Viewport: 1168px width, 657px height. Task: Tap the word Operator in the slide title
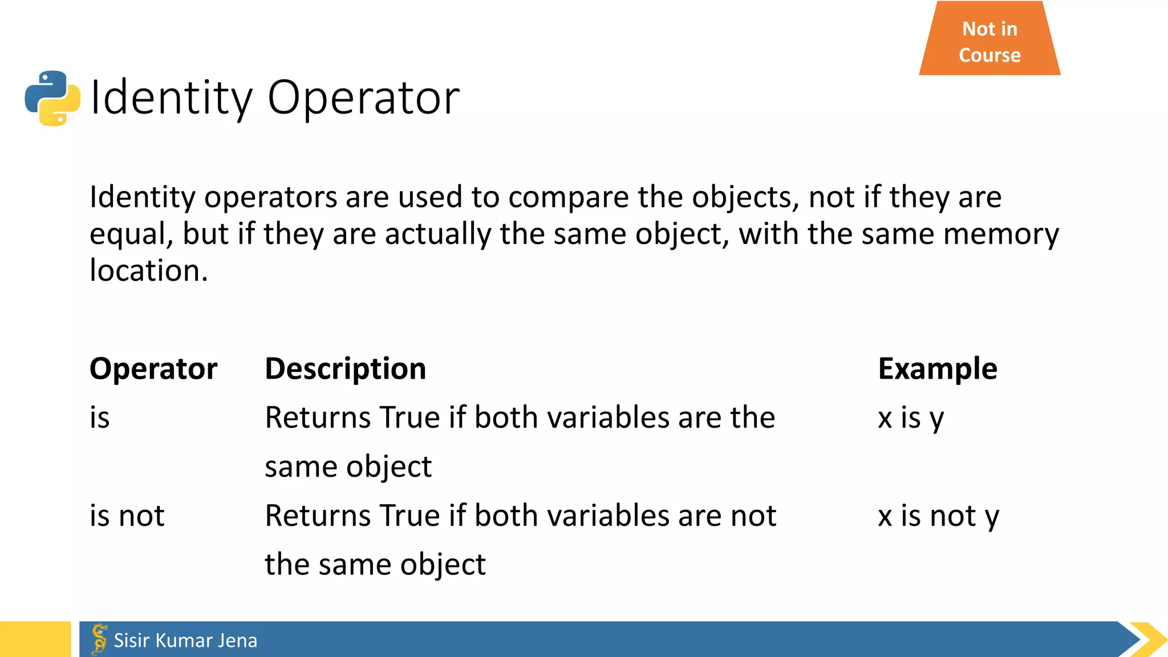click(x=363, y=98)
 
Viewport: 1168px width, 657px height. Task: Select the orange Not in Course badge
click(x=989, y=41)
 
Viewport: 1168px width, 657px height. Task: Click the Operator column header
click(x=153, y=368)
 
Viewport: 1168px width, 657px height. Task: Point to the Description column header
click(x=346, y=368)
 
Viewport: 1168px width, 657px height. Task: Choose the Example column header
click(x=938, y=368)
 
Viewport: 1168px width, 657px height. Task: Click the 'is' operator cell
click(x=100, y=417)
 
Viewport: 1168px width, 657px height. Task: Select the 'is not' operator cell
click(x=127, y=516)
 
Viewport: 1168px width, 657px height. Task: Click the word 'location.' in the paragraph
click(x=149, y=270)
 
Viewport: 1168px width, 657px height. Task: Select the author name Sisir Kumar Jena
click(x=185, y=640)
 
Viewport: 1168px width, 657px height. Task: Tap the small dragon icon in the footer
click(x=99, y=639)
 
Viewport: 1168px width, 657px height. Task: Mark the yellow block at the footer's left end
click(x=35, y=639)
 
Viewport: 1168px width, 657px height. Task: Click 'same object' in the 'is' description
click(x=348, y=467)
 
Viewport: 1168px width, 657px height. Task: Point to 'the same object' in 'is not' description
click(x=375, y=565)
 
